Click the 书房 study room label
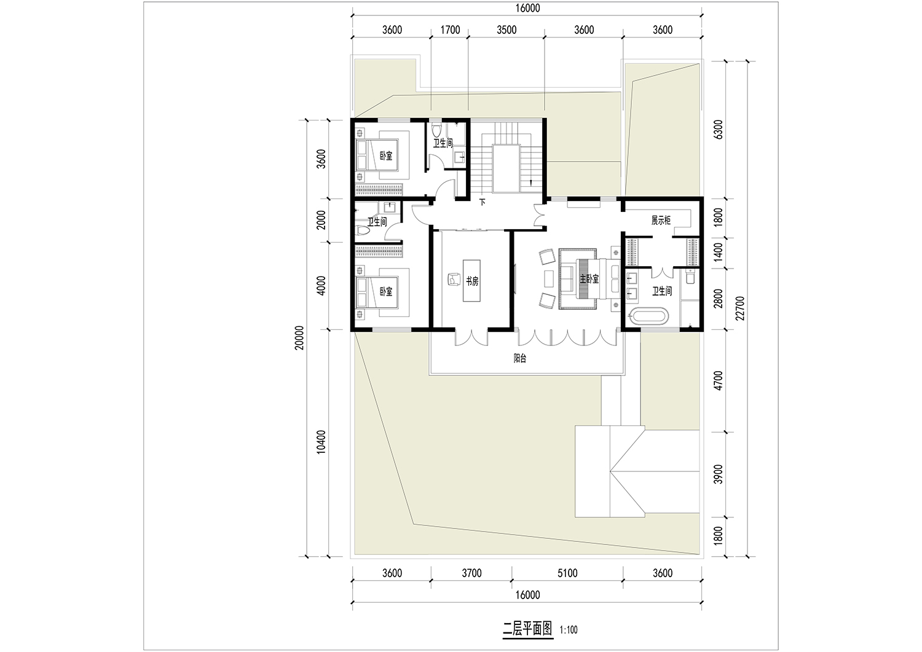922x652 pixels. [x=472, y=281]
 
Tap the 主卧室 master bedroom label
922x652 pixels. [x=589, y=279]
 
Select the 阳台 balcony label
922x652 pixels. [x=520, y=358]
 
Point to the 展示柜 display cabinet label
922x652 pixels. [x=661, y=220]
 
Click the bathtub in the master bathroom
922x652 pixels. [x=650, y=316]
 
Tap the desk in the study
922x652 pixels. [x=471, y=280]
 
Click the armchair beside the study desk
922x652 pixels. [x=454, y=280]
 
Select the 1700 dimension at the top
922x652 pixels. [x=450, y=30]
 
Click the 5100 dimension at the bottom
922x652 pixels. [x=567, y=573]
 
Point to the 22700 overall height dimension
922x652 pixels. [x=740, y=308]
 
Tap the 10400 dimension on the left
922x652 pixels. [x=321, y=442]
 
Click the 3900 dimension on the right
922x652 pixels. [x=718, y=474]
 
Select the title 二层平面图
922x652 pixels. [x=527, y=629]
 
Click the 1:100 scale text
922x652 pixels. [x=569, y=630]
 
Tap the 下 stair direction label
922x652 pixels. [x=483, y=202]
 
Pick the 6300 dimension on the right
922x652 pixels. [x=718, y=129]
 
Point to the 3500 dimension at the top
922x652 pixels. [x=506, y=30]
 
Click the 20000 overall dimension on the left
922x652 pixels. [x=299, y=338]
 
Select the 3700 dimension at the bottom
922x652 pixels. [x=471, y=573]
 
